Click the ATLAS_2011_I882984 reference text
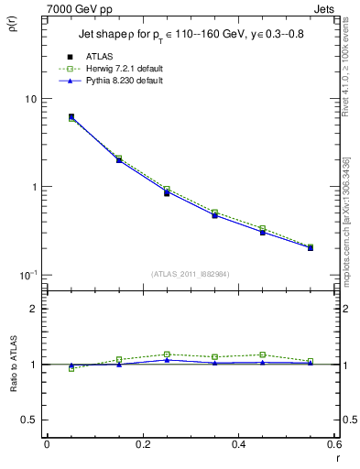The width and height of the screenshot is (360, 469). point(191,272)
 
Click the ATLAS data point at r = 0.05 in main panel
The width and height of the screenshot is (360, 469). point(71,117)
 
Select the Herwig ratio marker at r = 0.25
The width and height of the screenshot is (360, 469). point(167,354)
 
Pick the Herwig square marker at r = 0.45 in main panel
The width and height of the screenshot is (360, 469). point(263,228)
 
